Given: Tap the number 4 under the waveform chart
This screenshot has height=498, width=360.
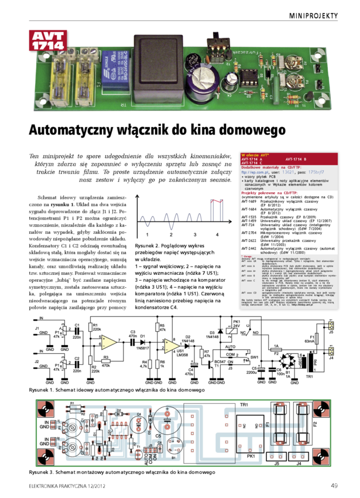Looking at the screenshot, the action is (x=217, y=234).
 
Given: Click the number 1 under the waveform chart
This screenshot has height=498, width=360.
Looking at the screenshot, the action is (x=146, y=234).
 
